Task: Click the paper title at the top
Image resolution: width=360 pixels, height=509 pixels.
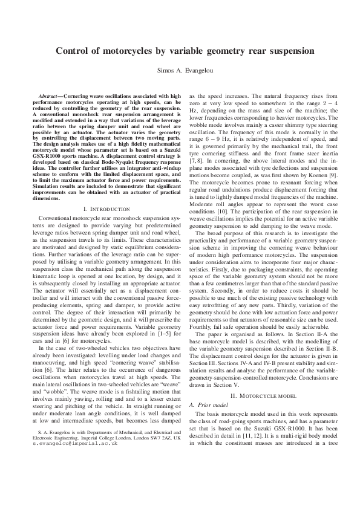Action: [x=180, y=52]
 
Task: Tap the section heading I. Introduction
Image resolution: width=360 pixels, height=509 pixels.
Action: [x=103, y=175]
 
